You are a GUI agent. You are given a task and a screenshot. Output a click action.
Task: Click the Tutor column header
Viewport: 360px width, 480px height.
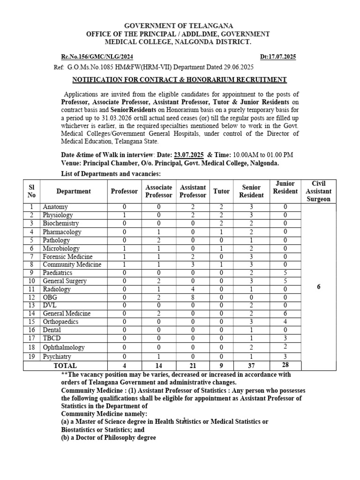pyautogui.click(x=221, y=191)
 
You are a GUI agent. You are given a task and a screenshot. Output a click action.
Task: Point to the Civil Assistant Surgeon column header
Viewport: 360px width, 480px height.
pyautogui.click(x=318, y=191)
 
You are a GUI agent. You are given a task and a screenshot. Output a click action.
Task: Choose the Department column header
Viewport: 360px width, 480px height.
pyautogui.click(x=74, y=191)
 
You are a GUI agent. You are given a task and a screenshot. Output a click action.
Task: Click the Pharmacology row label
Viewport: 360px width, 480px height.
pyautogui.click(x=62, y=232)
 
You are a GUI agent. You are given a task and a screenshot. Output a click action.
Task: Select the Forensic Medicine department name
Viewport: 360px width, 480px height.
pyautogui.click(x=67, y=257)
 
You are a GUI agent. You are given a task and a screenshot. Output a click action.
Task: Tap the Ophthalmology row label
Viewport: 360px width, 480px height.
pyautogui.click(x=64, y=347)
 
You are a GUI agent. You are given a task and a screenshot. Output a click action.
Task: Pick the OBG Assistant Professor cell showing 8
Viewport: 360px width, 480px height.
pyautogui.click(x=193, y=297)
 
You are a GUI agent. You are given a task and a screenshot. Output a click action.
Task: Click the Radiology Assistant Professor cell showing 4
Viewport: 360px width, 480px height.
pyautogui.click(x=193, y=289)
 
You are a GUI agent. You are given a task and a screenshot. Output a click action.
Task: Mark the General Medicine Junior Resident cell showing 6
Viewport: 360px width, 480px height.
pyautogui.click(x=285, y=313)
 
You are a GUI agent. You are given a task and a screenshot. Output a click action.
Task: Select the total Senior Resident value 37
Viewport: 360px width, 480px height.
pyautogui.click(x=251, y=366)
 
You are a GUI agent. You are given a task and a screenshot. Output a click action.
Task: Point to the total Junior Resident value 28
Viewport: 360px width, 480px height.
pyautogui.click(x=285, y=365)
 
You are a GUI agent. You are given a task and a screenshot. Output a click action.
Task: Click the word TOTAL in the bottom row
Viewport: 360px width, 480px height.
pyautogui.click(x=65, y=366)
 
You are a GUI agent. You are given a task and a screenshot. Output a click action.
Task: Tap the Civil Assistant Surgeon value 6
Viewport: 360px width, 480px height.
pyautogui.click(x=318, y=286)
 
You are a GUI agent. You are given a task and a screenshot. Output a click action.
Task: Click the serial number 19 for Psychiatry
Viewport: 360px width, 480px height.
pyautogui.click(x=32, y=357)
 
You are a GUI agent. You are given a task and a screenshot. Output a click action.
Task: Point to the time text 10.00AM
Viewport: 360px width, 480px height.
pyautogui.click(x=249, y=155)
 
